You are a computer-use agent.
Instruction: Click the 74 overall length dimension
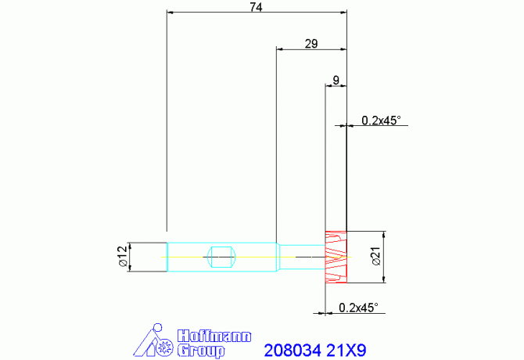pos(257,7)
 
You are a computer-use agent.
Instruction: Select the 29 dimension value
pos(311,44)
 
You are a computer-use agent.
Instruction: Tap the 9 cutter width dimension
pos(336,81)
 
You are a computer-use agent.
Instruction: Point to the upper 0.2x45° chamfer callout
pos(381,121)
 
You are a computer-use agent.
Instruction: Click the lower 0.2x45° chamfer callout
pos(358,308)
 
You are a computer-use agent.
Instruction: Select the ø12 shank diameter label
pos(123,257)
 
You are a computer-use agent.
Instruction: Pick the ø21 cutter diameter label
pos(376,257)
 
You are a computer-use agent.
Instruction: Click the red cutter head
pos(336,257)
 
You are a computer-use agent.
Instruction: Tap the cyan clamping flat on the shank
pos(221,257)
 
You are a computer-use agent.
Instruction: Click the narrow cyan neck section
pos(302,257)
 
